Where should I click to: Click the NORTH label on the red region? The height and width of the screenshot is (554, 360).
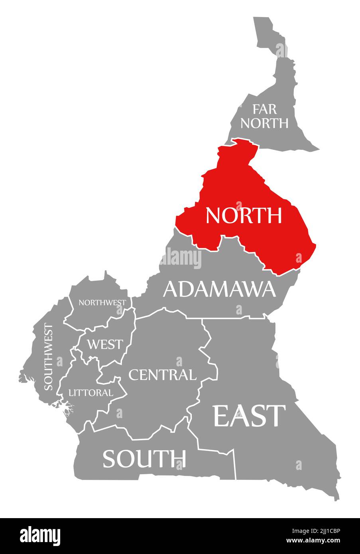coord(244,215)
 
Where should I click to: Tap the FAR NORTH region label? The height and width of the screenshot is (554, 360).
coord(264,116)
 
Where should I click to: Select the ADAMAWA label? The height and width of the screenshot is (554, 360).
coord(219,289)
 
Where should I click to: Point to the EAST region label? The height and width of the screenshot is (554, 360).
coord(250,416)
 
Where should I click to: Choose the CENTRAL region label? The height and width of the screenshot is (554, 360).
coord(162,375)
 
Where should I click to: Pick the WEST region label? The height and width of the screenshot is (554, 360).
coord(105,344)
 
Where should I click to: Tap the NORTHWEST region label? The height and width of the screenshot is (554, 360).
coord(102,303)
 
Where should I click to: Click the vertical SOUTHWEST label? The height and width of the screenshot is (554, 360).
coord(48,357)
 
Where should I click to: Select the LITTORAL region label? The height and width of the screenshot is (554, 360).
coord(91,393)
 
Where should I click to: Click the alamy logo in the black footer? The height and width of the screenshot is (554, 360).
coord(40,535)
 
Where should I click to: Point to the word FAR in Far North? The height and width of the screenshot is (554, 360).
coord(264,109)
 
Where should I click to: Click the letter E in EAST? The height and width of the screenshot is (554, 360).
coord(222,416)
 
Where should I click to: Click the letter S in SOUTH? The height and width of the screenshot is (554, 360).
coord(110,459)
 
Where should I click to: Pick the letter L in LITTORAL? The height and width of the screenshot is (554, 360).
coord(71,393)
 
